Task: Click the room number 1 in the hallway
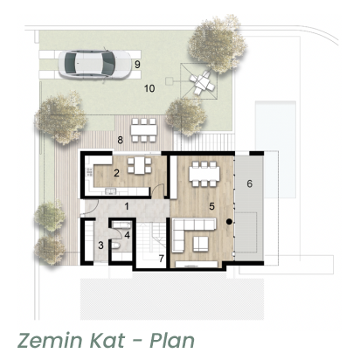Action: (127, 206)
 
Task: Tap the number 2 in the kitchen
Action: (116, 173)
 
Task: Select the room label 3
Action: (100, 246)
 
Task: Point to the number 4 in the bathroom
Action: (127, 235)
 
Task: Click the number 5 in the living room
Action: (211, 206)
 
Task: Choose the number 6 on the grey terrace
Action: (249, 183)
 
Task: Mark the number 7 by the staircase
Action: (162, 259)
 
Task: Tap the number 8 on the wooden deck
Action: (120, 140)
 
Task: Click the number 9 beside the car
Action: (137, 65)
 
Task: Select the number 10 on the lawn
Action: (149, 88)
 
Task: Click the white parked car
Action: (94, 64)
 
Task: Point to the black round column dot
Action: (229, 222)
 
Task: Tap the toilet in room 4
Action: (115, 246)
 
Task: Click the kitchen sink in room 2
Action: (111, 191)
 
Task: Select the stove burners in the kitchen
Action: (89, 172)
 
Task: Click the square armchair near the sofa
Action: (201, 244)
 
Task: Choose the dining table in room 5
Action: (204, 174)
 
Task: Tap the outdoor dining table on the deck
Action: (144, 129)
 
